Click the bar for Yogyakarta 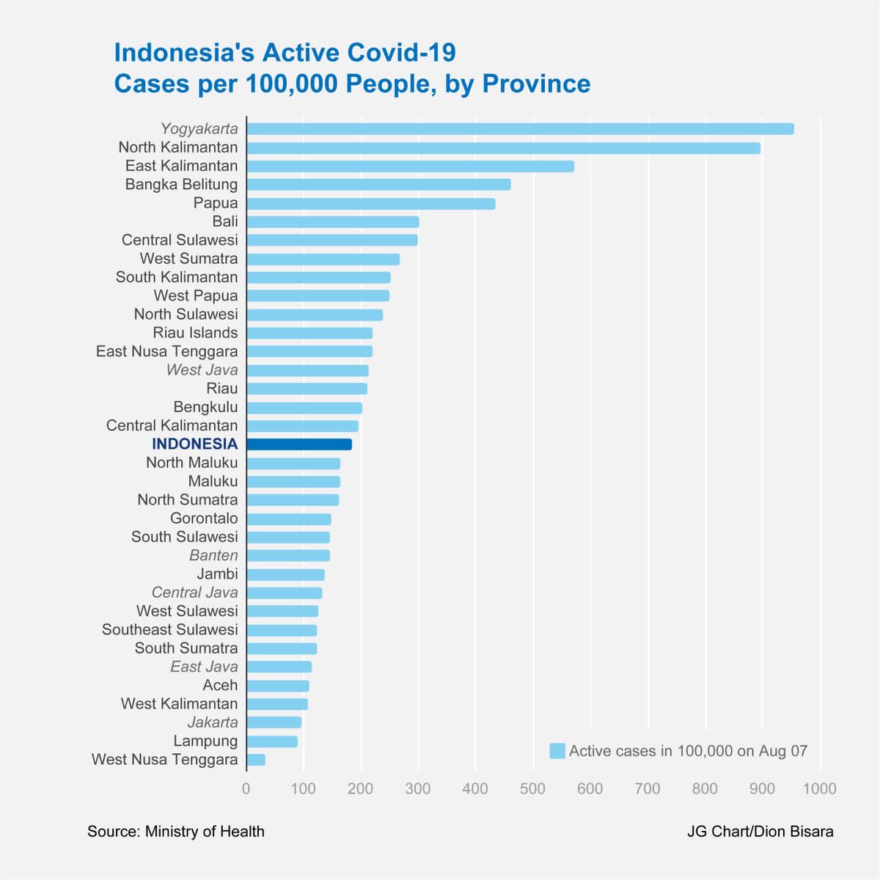[520, 129]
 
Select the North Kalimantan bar [503, 148]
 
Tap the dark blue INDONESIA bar [299, 444]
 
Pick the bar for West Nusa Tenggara [256, 760]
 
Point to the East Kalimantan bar [410, 166]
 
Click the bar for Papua [370, 204]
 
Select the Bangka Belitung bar [378, 185]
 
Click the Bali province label [224, 221]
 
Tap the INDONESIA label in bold [194, 444]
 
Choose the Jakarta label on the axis [213, 722]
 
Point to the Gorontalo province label [204, 518]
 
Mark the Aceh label [220, 685]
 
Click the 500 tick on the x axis [532, 789]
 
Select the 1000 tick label [819, 789]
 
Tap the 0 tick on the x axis [246, 789]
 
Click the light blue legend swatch [557, 751]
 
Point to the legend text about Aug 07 [688, 751]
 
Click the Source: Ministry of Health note [176, 832]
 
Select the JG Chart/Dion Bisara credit [760, 832]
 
